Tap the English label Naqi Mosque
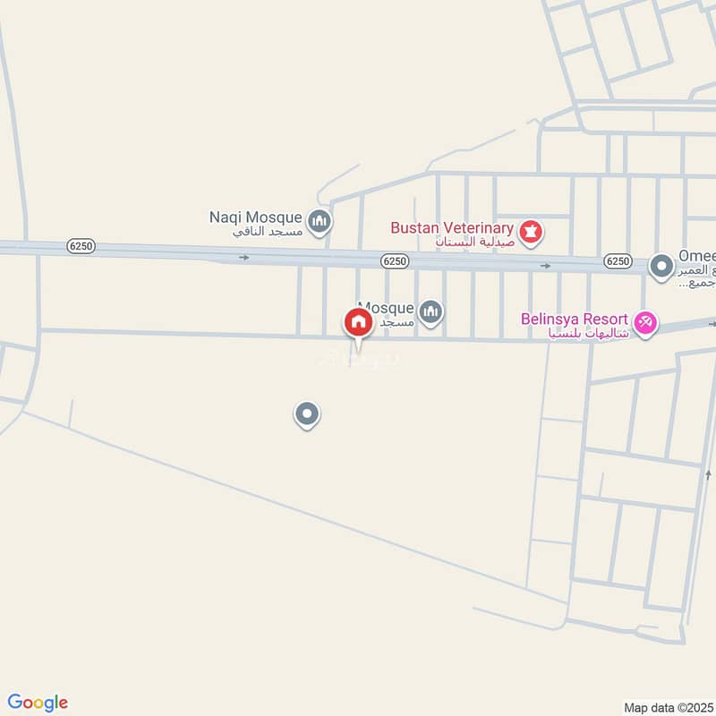coord(257,217)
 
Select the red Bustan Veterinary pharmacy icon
coord(533,231)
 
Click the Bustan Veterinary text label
coord(451,227)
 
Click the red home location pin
coord(358,322)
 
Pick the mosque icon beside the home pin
coord(431,311)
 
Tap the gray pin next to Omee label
coord(661,266)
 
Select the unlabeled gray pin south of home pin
coord(307,413)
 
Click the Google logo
coord(38,703)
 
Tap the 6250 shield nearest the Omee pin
coord(617,260)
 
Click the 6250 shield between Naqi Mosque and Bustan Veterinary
coord(394,260)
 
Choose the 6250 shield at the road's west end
coord(81,245)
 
